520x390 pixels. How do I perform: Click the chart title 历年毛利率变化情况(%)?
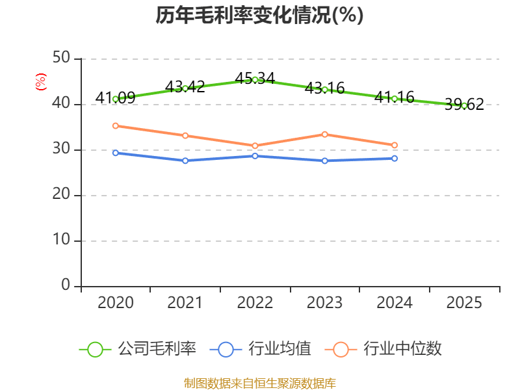pos(259,15)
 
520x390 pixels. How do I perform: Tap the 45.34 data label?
pos(255,79)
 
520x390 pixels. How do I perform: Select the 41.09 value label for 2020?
pos(115,97)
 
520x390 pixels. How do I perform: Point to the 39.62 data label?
pos(464,104)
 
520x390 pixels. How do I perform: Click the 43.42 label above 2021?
pos(185,86)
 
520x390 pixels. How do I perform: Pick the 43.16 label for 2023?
pos(324,87)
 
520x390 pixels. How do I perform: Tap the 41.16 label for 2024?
pos(394,97)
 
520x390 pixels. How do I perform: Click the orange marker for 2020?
pos(115,125)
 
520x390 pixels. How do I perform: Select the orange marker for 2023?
pos(324,134)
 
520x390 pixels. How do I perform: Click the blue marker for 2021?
pos(185,161)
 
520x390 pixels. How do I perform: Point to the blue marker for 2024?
pos(394,158)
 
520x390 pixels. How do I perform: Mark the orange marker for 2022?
pos(255,146)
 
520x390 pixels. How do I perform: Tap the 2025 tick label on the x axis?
pos(464,303)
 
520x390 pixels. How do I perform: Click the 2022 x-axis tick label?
pos(255,303)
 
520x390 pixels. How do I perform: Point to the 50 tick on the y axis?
pos(61,58)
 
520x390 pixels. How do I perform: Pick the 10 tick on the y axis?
pos(61,240)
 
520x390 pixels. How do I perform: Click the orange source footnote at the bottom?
pos(259,383)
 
